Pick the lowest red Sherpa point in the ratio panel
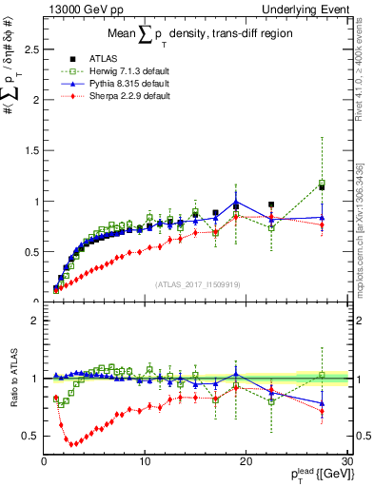[72, 443]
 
